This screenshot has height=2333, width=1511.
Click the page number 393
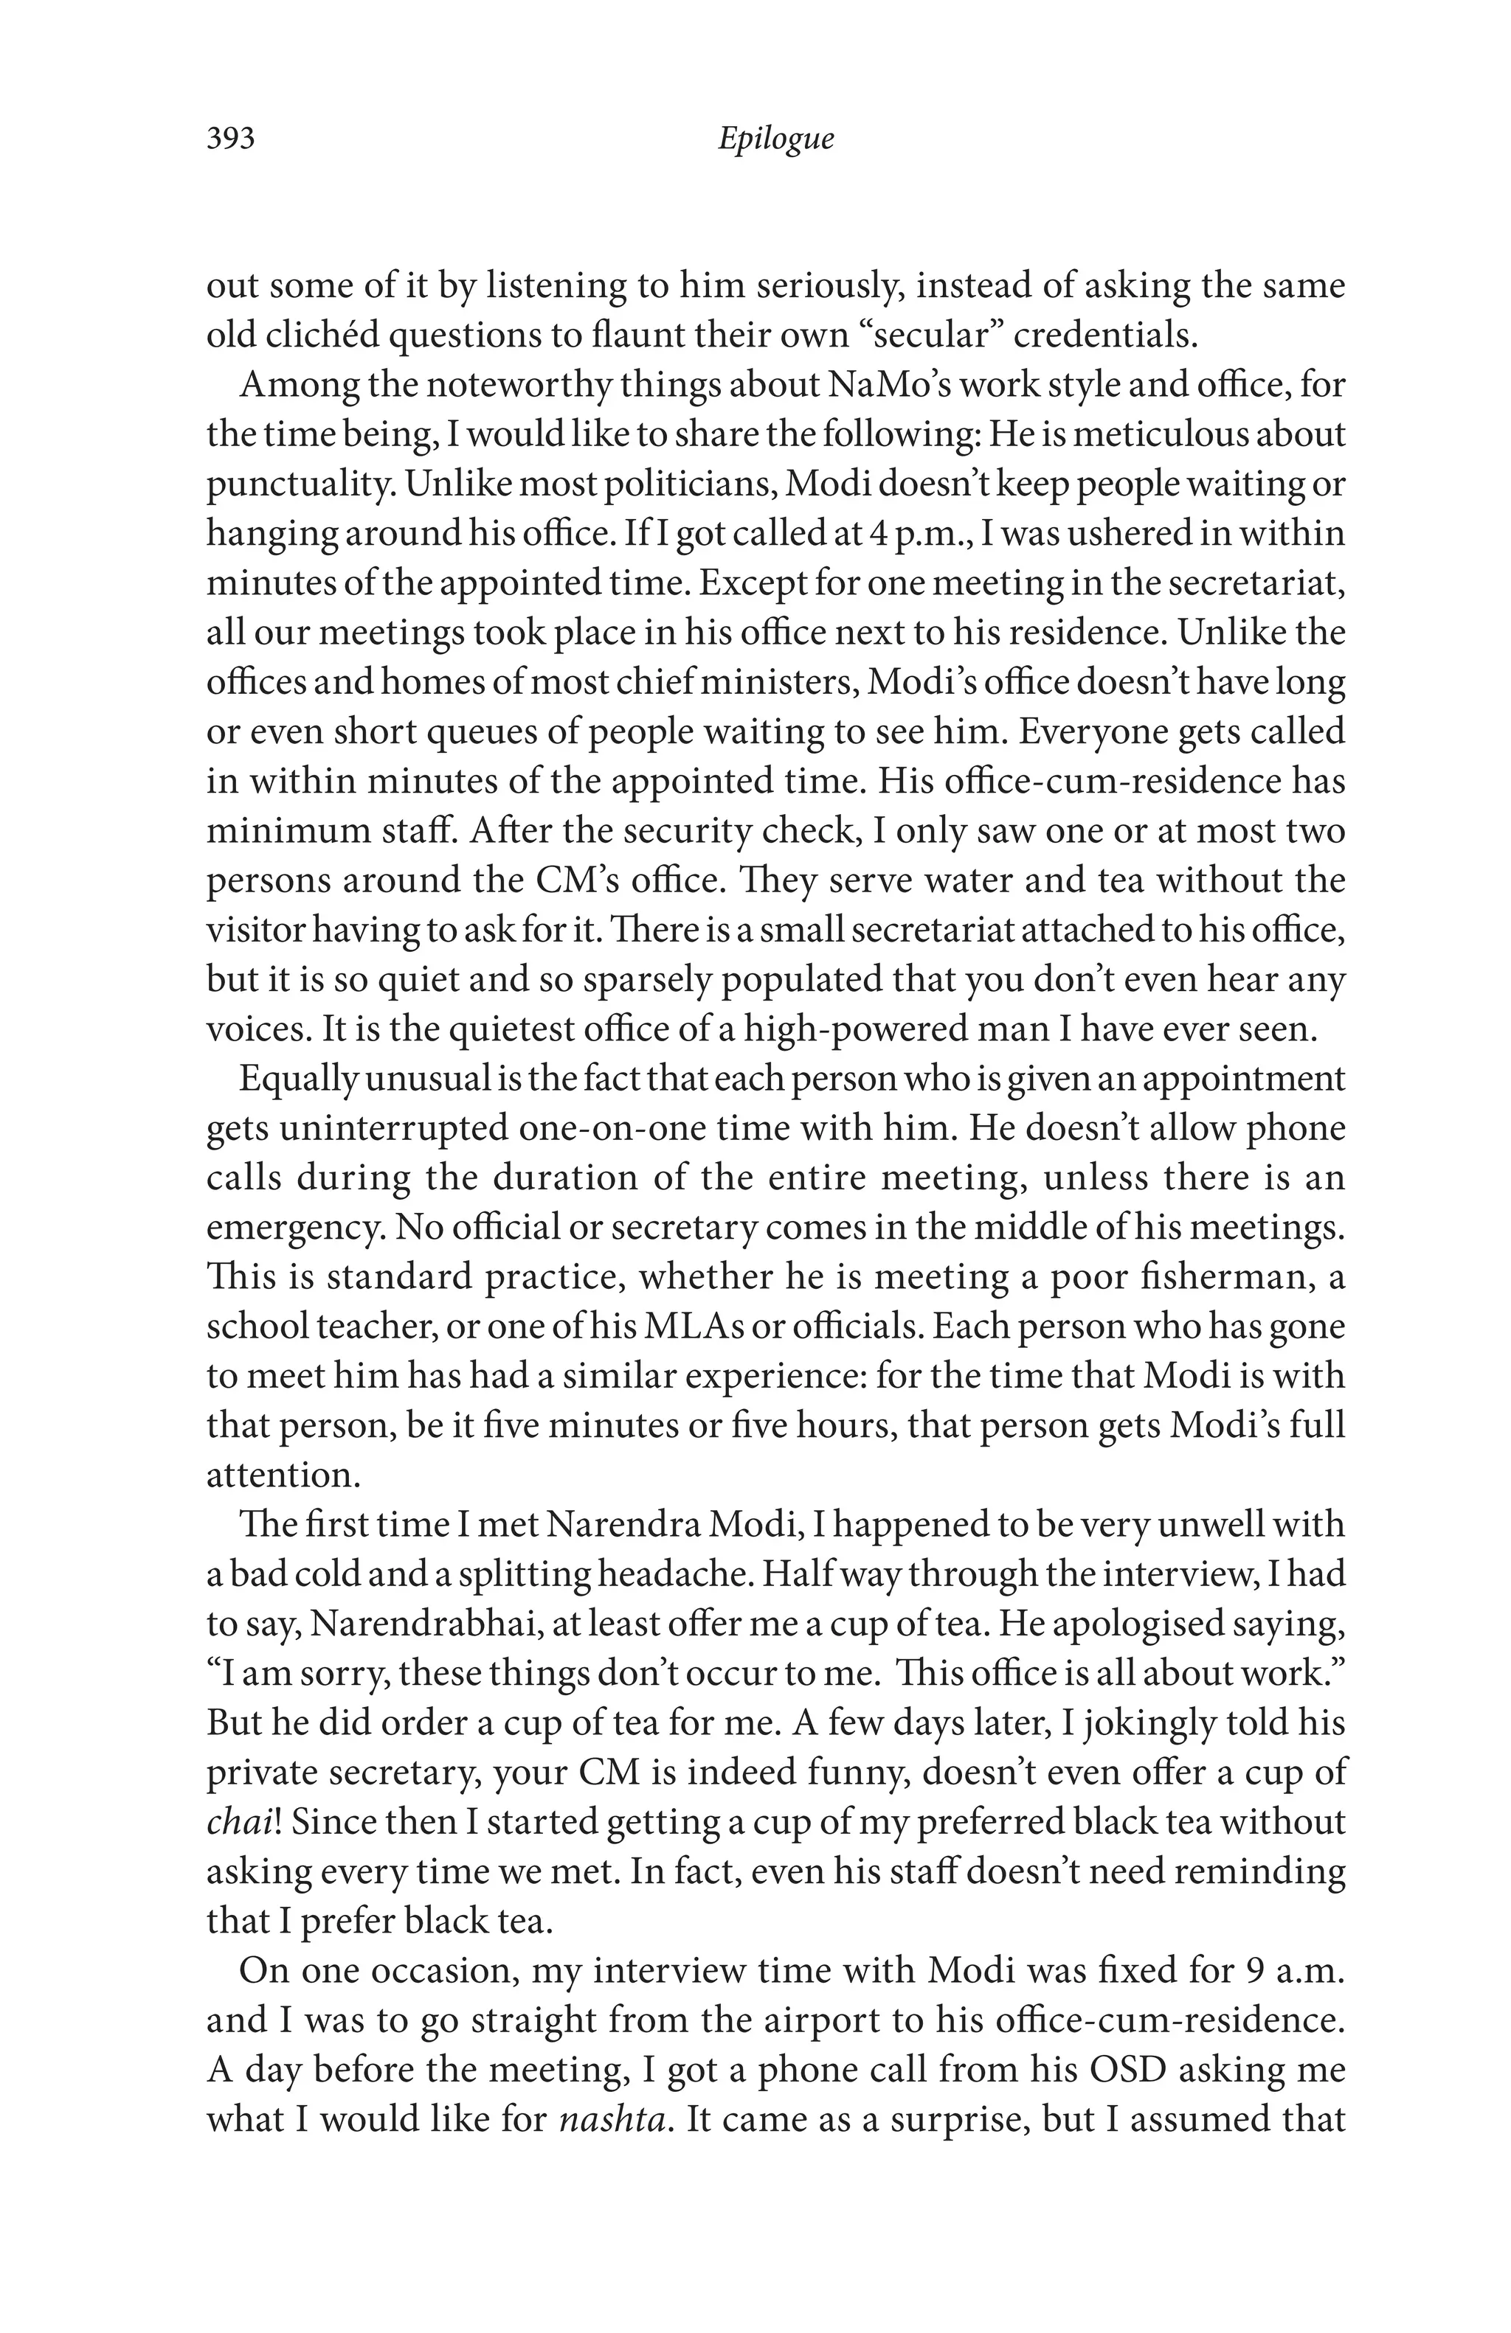click(x=230, y=138)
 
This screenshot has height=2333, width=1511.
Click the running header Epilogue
click(x=775, y=138)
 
